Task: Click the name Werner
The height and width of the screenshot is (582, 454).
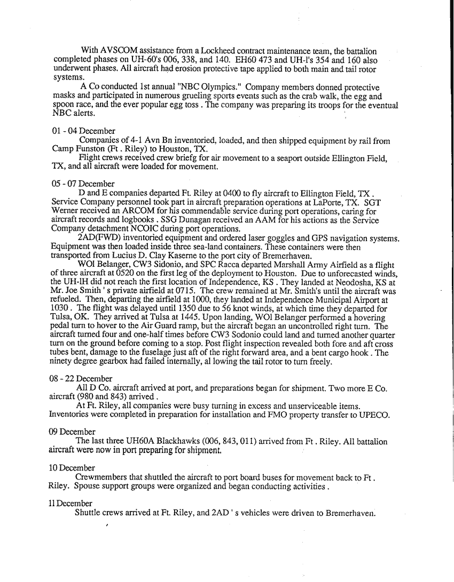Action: pos(63,211)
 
